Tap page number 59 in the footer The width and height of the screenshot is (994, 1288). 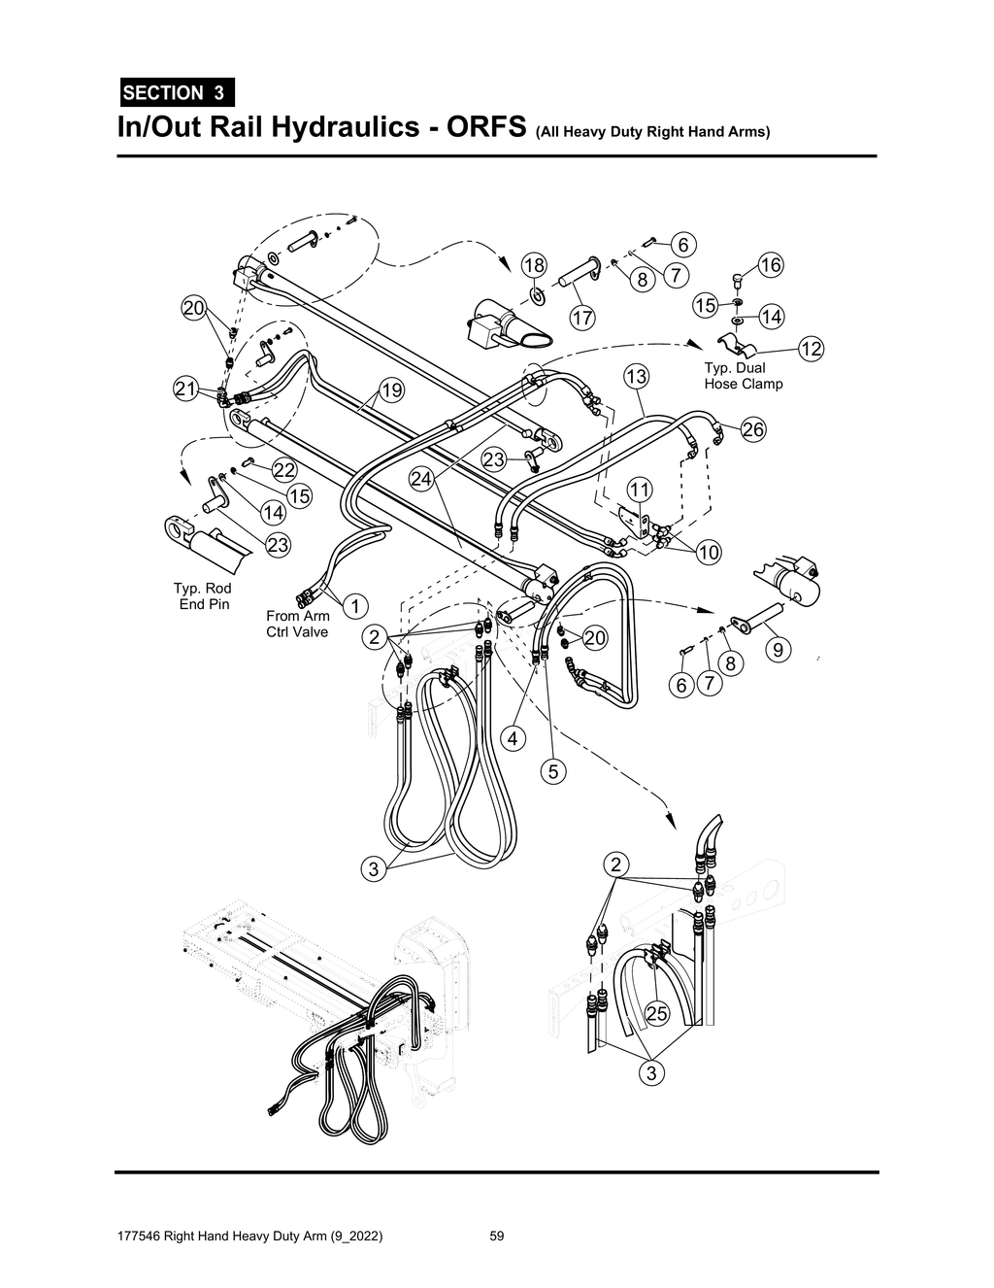tap(497, 1237)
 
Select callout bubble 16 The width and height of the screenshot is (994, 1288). tap(770, 265)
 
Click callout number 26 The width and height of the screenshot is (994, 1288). tap(752, 429)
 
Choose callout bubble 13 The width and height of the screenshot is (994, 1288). tap(636, 376)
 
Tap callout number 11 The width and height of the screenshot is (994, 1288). tap(639, 489)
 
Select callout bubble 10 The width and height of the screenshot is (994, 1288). tap(709, 553)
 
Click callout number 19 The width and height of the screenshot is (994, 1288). tap(390, 390)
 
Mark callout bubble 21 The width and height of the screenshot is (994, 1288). tap(185, 390)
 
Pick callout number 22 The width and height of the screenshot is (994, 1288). tap(283, 470)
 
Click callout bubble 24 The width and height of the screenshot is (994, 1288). tap(420, 478)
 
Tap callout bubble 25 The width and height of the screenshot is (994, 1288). tap(657, 1014)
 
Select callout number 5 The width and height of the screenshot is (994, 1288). tap(552, 772)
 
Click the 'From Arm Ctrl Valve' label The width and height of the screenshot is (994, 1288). tap(298, 624)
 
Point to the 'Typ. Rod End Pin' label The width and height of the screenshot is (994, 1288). tap(202, 596)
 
